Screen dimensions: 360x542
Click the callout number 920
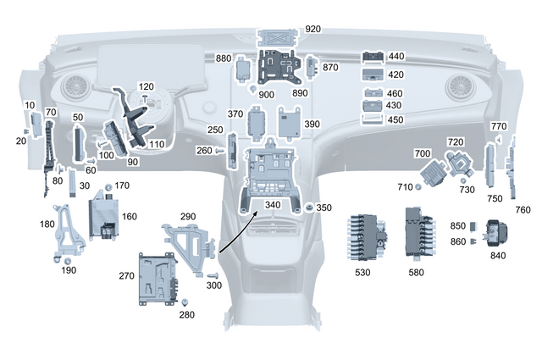pos(313,29)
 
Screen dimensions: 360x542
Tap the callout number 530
pos(362,273)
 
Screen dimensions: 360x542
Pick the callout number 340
pos(272,204)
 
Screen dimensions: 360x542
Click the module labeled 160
pos(108,213)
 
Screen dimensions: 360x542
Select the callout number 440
pos(395,57)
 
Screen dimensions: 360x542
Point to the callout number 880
pos(224,58)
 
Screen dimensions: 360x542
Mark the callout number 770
pos(498,126)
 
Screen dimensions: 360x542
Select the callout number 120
pos(147,87)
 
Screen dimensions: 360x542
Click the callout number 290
pos(187,217)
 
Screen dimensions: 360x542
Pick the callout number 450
pos(395,119)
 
